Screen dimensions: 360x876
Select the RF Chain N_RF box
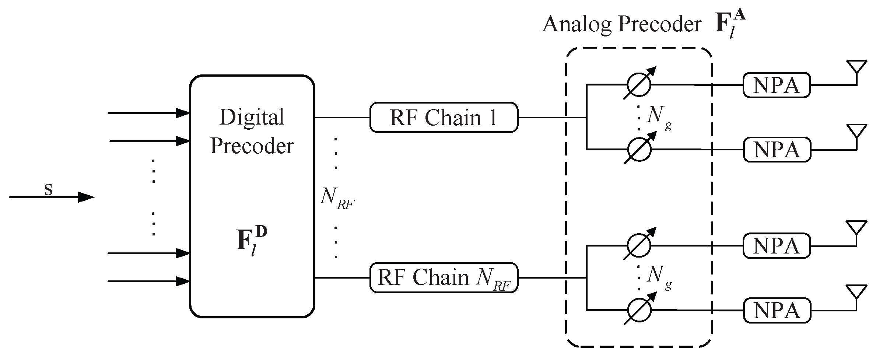tap(444, 278)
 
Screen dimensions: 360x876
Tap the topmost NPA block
tap(777, 85)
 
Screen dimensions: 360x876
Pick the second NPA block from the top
tap(777, 150)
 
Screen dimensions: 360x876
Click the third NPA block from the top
tap(777, 246)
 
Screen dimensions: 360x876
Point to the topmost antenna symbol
tap(856, 67)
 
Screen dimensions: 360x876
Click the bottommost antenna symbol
tap(856, 293)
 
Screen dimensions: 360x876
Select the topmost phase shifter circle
tap(639, 84)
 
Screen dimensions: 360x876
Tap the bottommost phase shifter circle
tap(639, 310)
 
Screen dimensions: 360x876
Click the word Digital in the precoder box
tap(252, 118)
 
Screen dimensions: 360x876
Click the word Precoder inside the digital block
tap(252, 146)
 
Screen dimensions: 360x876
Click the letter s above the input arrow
tap(48, 189)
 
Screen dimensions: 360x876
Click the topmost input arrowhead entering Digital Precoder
tap(183, 113)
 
